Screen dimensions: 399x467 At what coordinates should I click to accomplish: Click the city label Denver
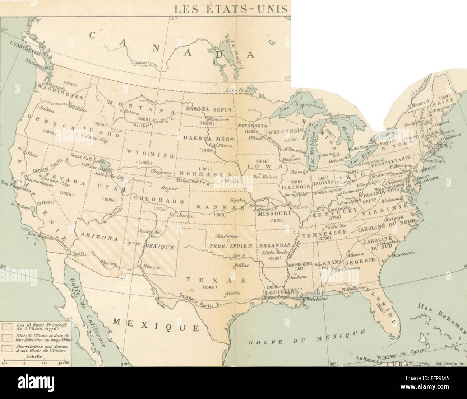click(x=170, y=188)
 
